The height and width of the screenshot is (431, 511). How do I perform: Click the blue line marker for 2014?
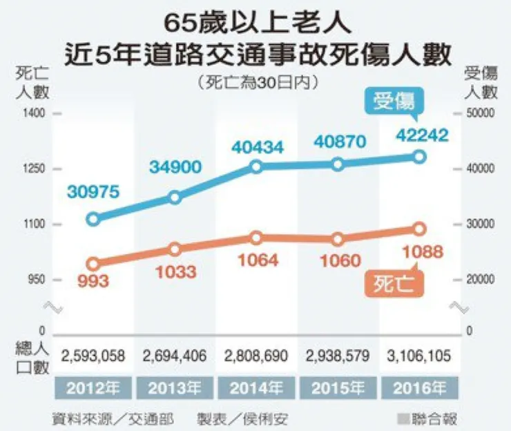click(x=256, y=166)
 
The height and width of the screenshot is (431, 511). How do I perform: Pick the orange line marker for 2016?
click(x=419, y=229)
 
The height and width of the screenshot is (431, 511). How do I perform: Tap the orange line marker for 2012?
click(x=94, y=264)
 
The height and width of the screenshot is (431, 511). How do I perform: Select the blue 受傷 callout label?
click(x=394, y=102)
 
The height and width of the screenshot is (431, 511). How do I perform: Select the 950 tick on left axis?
click(x=35, y=280)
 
